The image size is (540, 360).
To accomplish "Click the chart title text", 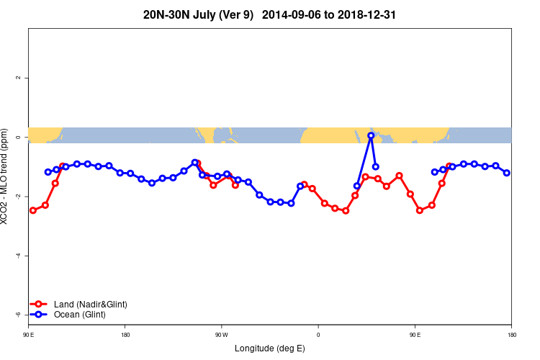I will click(270, 14).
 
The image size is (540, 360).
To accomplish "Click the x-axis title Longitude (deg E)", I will click(270, 348).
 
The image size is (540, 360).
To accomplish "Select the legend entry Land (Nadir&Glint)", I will click(90, 305).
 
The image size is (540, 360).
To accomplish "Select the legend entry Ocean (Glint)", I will click(79, 315).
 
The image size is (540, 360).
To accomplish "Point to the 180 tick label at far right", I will click(511, 335).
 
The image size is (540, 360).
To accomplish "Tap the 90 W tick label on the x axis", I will click(221, 335).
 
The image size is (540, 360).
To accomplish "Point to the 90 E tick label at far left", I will click(29, 335).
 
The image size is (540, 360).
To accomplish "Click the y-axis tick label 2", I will click(19, 78).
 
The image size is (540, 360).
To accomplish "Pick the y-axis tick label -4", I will click(19, 256).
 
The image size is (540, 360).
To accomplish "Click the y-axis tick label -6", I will click(19, 315).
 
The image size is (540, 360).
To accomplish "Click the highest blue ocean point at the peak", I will click(371, 135).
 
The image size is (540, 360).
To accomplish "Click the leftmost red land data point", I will click(33, 210).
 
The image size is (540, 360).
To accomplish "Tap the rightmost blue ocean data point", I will click(507, 173).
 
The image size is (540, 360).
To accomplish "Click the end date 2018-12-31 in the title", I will click(366, 14).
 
